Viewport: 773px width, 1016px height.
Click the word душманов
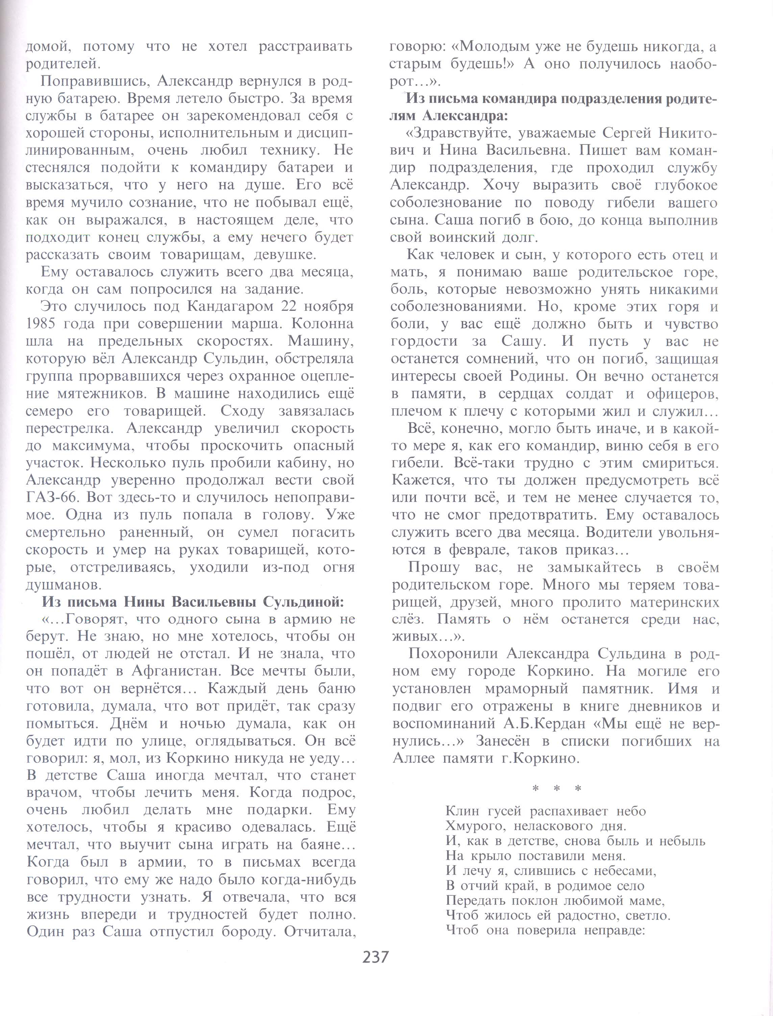click(64, 585)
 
